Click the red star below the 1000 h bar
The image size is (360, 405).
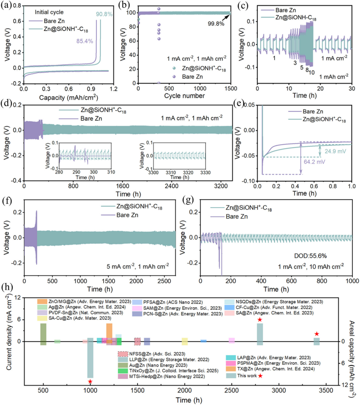[x=90, y=382]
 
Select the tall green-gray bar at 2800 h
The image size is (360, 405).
[x=260, y=334]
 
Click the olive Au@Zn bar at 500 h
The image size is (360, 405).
[x=44, y=334]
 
